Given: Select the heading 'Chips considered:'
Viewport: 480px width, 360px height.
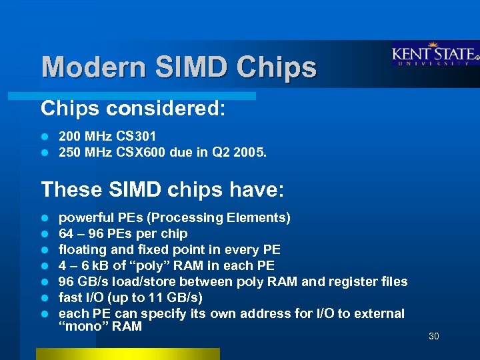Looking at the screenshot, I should [x=133, y=108].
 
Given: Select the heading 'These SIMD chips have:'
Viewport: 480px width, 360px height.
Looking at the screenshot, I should [x=163, y=190].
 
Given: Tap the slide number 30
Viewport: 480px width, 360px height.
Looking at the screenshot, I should [x=433, y=336].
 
